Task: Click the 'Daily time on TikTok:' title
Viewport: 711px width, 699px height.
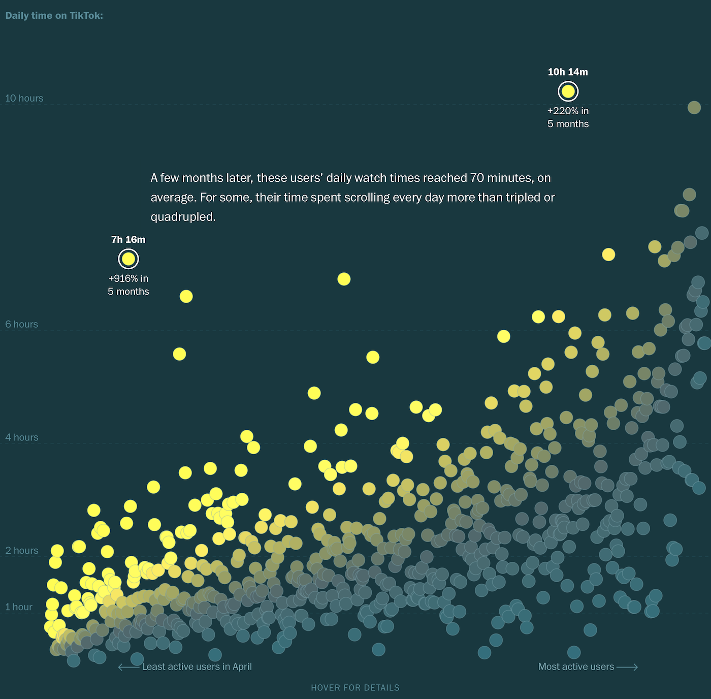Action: (x=54, y=16)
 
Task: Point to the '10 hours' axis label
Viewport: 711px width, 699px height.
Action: (x=24, y=98)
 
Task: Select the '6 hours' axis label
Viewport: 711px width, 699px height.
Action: (x=21, y=324)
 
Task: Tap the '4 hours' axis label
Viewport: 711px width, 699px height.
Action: (x=21, y=437)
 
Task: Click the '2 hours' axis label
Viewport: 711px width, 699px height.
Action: (x=21, y=551)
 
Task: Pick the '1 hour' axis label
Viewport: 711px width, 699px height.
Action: (x=19, y=607)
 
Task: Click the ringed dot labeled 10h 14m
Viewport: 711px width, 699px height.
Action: (x=568, y=91)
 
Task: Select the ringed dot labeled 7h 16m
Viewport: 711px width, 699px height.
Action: (x=128, y=259)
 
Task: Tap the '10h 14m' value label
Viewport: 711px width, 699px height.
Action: (x=568, y=72)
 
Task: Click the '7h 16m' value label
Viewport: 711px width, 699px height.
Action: (x=128, y=240)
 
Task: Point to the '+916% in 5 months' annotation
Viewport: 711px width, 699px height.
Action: (x=128, y=285)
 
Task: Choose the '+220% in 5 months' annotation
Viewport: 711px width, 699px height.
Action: (x=568, y=117)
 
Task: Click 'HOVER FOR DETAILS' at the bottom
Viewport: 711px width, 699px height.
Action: (x=355, y=688)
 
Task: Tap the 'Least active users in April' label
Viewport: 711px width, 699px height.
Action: (x=197, y=666)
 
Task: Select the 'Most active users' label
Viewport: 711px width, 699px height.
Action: (x=576, y=666)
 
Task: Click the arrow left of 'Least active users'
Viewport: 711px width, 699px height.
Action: (x=128, y=667)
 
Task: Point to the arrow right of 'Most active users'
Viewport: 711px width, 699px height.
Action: (x=627, y=667)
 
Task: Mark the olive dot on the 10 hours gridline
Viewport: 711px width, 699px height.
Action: (x=694, y=107)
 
